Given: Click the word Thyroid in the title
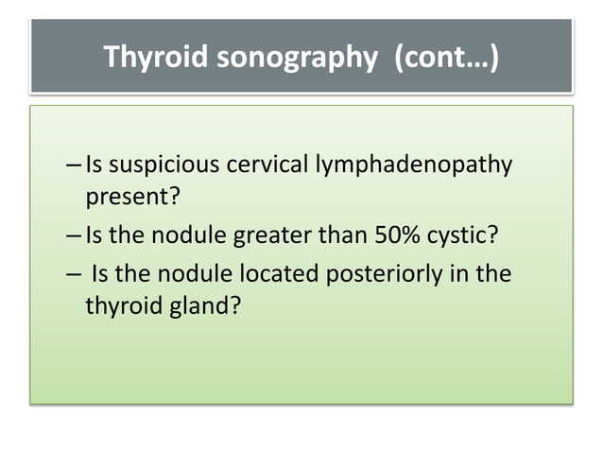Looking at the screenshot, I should [155, 59].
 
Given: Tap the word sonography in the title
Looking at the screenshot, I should [297, 59].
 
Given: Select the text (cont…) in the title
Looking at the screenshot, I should [444, 59].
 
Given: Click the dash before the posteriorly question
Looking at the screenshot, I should [75, 274].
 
